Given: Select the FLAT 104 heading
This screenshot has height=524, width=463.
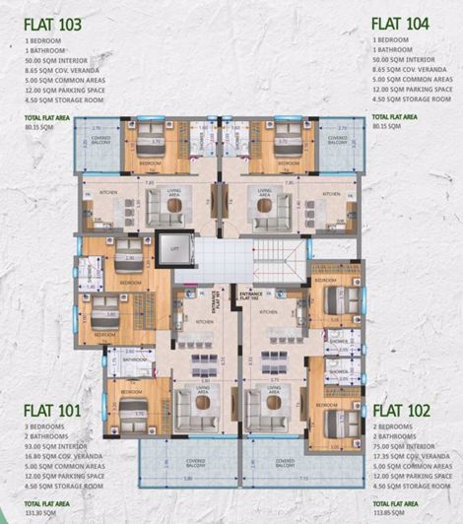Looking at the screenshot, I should click(x=406, y=22).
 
